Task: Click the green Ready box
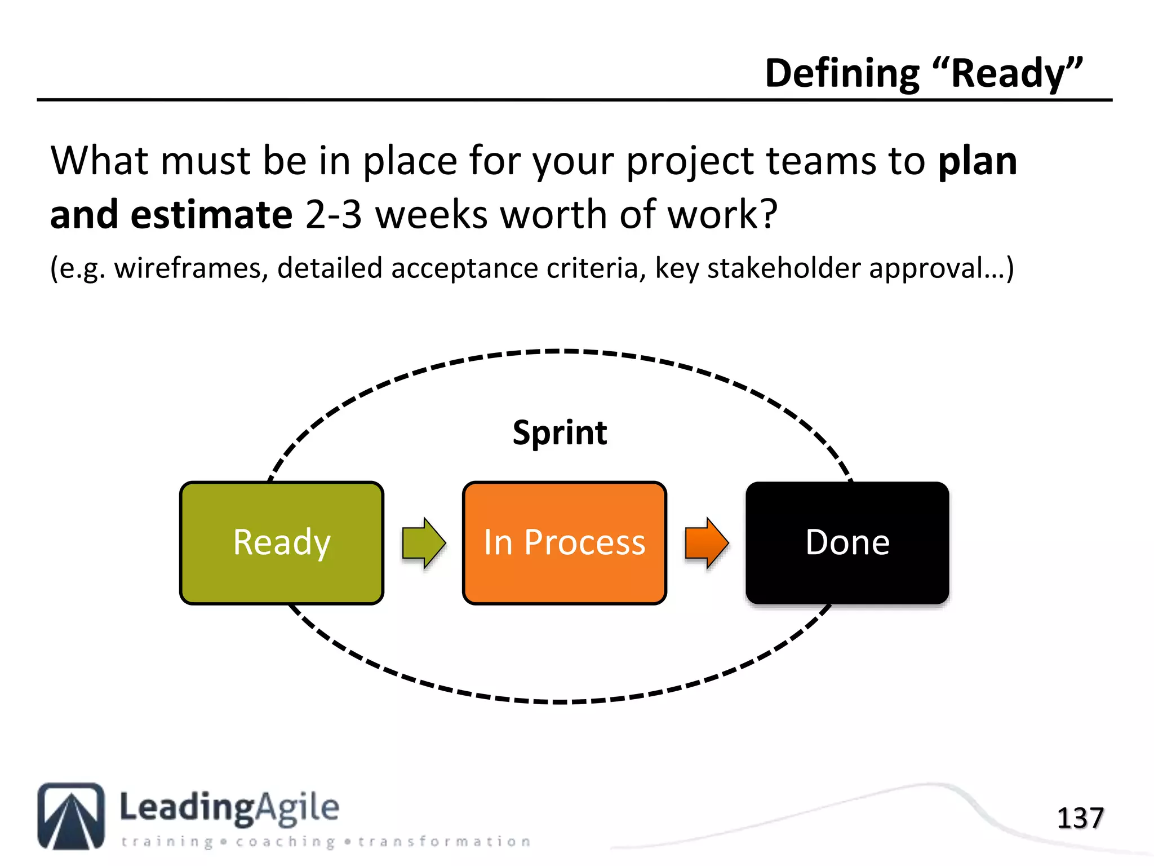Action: click(282, 543)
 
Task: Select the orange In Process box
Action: click(564, 543)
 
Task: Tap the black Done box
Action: click(847, 543)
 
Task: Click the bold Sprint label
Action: click(560, 433)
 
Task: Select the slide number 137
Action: click(1080, 818)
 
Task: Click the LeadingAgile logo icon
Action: click(71, 816)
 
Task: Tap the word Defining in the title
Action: click(842, 74)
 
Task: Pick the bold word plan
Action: click(978, 162)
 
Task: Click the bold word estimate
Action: click(211, 215)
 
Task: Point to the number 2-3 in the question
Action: click(333, 215)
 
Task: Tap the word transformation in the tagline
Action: click(444, 842)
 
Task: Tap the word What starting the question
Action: click(100, 162)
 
